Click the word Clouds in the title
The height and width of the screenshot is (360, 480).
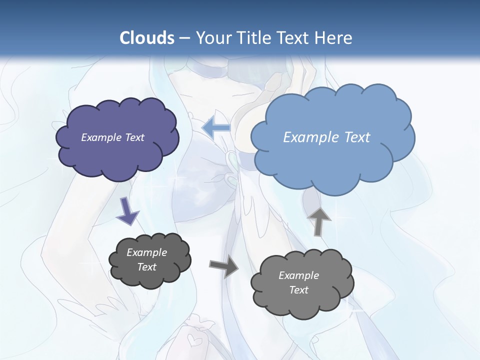[x=147, y=37]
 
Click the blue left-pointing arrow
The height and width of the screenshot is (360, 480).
[x=216, y=128]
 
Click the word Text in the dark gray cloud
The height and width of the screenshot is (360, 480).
[x=146, y=267]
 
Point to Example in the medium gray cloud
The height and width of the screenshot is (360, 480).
[x=298, y=275]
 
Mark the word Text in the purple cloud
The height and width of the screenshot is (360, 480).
[x=133, y=137]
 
